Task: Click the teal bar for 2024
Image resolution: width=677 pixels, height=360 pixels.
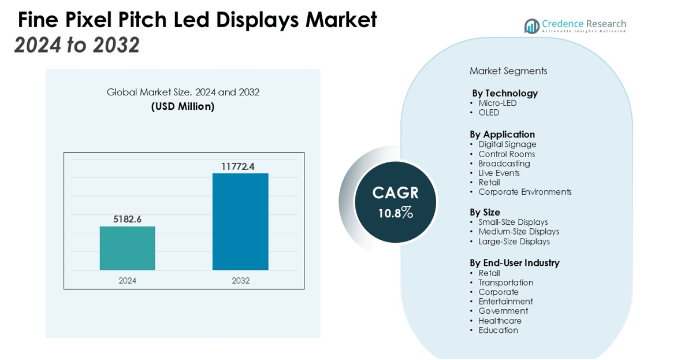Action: pyautogui.click(x=127, y=248)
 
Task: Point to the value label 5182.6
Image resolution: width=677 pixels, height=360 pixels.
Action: pyautogui.click(x=127, y=219)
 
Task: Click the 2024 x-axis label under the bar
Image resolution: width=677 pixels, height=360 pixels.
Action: pyautogui.click(x=127, y=281)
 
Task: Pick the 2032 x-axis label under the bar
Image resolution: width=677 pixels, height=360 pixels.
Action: pyautogui.click(x=240, y=281)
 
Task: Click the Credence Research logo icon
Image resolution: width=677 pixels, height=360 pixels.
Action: pyautogui.click(x=531, y=26)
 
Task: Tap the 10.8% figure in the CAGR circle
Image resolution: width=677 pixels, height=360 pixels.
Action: pyautogui.click(x=396, y=213)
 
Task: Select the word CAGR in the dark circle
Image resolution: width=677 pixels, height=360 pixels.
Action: pyautogui.click(x=396, y=193)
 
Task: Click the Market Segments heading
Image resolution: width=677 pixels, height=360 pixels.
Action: pyautogui.click(x=508, y=71)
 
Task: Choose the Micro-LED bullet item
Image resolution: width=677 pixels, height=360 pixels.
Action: pyautogui.click(x=497, y=103)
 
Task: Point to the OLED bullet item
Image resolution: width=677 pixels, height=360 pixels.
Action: pyautogui.click(x=489, y=113)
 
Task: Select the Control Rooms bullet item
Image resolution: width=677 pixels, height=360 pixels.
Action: pyautogui.click(x=507, y=154)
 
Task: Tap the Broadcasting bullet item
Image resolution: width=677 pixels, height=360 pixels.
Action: pyautogui.click(x=504, y=164)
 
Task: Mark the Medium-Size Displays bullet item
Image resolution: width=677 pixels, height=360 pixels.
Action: pyautogui.click(x=519, y=232)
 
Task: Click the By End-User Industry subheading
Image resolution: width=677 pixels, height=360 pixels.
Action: pyautogui.click(x=514, y=263)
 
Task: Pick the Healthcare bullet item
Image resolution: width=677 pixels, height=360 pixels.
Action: pyautogui.click(x=500, y=321)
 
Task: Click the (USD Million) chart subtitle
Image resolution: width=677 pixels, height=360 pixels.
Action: pyautogui.click(x=183, y=106)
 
